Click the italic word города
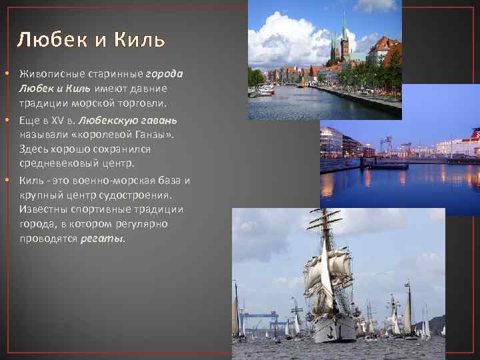[164, 73]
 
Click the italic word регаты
[101, 238]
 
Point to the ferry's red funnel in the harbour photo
[475, 133]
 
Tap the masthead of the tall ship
[325, 212]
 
